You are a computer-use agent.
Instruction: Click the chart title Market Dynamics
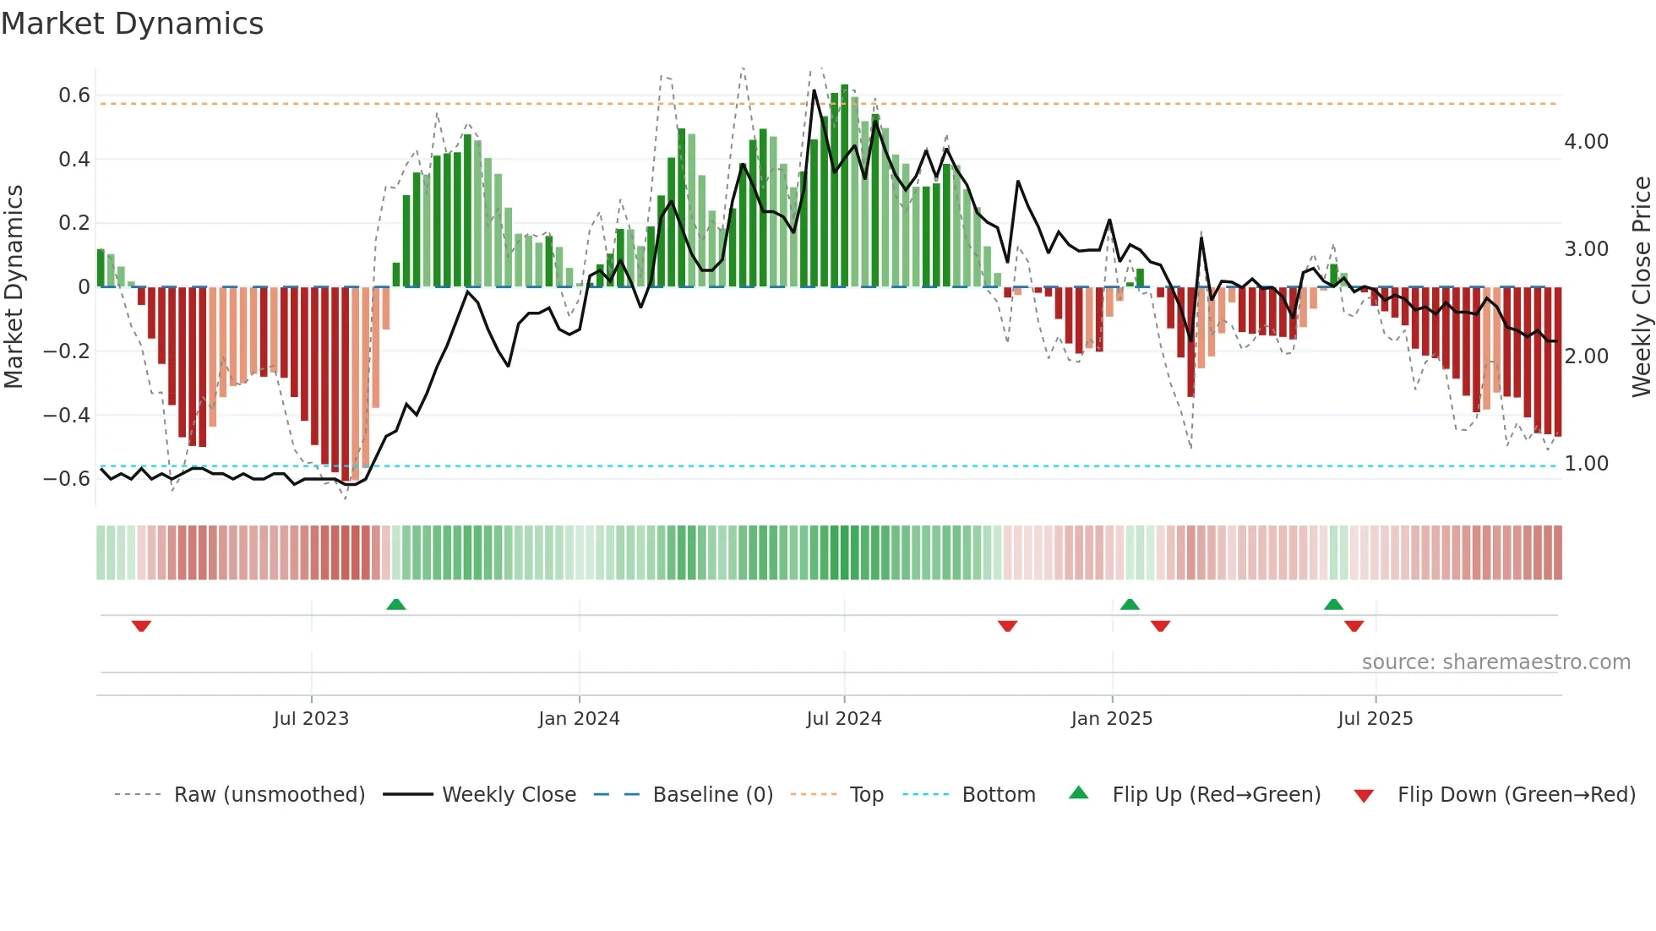132,24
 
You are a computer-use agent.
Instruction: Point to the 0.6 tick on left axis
74,95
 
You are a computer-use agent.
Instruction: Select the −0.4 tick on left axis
67,415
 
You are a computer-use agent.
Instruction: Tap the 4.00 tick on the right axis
1586,142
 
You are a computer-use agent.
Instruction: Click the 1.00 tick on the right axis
1586,464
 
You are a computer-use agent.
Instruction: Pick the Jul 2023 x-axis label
311,719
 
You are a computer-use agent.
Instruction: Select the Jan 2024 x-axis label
579,719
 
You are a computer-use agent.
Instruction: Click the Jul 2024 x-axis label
843,719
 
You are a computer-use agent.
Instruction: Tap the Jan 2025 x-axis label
1111,719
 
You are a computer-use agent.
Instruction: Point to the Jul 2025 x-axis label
1375,719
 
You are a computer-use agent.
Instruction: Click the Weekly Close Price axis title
1641,286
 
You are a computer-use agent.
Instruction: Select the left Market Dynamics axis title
14,286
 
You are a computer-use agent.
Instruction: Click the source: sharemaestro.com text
1495,662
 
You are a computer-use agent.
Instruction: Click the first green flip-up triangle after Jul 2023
395,604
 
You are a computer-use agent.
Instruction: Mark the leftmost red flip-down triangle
141,626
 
